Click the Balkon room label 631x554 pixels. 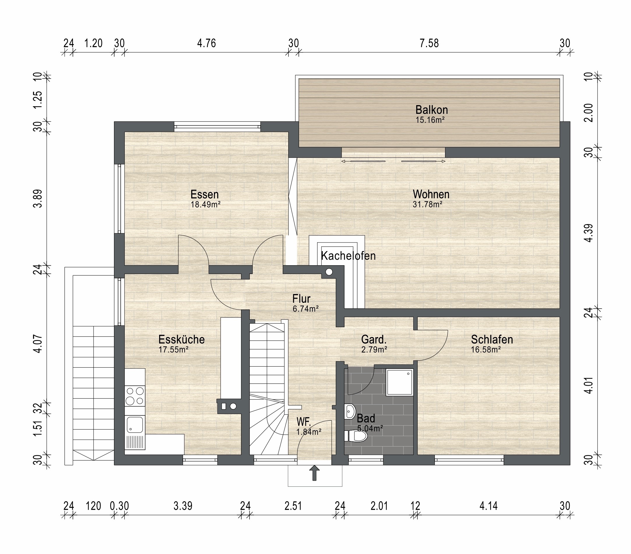pos(431,110)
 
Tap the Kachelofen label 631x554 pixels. pos(348,256)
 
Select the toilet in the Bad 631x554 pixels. pos(356,436)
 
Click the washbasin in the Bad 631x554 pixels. pos(350,411)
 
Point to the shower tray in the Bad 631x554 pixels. pos(400,382)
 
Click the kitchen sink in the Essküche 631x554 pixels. pos(135,424)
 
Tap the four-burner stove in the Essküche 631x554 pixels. pos(135,396)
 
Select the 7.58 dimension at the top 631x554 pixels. pos(429,43)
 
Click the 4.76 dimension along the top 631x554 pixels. pos(207,43)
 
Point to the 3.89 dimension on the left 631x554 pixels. pos(38,199)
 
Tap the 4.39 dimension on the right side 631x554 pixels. pos(589,233)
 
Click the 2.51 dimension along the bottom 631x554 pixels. pos(293,506)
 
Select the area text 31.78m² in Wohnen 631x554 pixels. pos(428,204)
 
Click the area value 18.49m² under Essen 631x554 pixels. pos(205,204)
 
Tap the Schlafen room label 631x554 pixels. pos(492,339)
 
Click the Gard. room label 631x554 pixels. pos(374,339)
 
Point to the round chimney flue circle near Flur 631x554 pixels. pos(329,272)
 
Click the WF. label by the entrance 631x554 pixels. pos(304,422)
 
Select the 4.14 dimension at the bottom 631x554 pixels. pos(488,506)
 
